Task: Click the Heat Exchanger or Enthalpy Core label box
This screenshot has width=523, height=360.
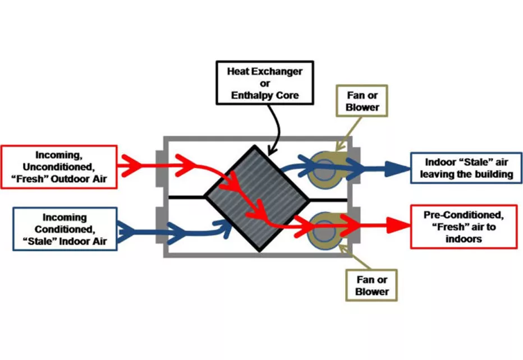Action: [x=264, y=84]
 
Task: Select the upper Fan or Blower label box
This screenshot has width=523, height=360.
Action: [x=363, y=101]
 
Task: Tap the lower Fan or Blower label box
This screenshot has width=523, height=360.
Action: [x=371, y=285]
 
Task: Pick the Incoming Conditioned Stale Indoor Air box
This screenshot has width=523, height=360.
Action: [x=59, y=229]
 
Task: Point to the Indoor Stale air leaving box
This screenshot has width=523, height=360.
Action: [x=465, y=168]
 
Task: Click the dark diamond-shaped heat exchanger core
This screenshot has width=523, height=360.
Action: [x=256, y=197]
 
